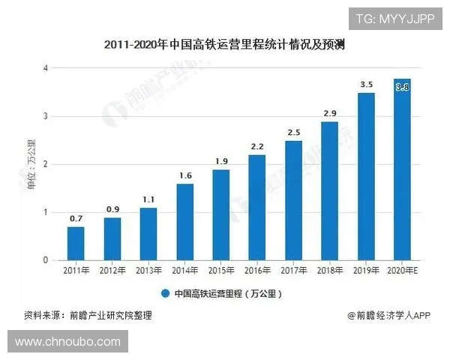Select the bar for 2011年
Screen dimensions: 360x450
click(76, 243)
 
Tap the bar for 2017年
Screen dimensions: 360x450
click(293, 200)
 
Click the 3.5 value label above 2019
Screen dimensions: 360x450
click(366, 85)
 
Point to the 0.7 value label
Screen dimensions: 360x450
click(76, 218)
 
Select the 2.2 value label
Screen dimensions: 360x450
click(257, 146)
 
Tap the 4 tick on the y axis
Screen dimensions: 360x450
click(46, 68)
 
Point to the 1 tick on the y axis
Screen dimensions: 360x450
click(46, 212)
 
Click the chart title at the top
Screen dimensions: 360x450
click(225, 44)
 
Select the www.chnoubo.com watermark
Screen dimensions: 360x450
click(67, 342)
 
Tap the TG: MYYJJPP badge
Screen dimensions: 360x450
click(395, 18)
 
